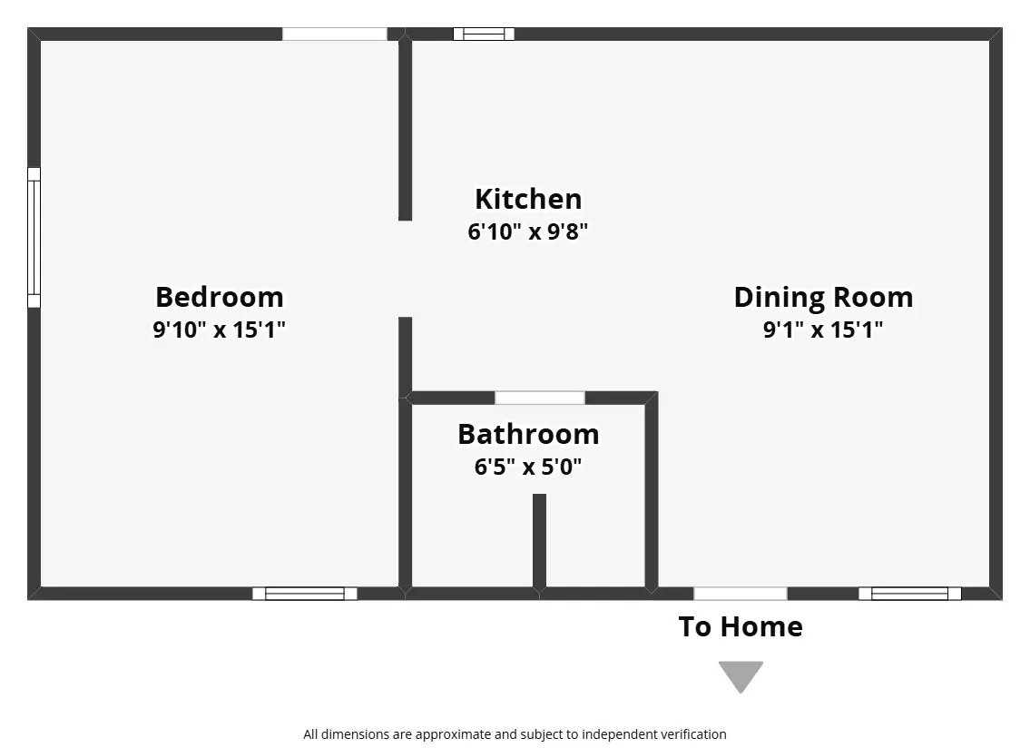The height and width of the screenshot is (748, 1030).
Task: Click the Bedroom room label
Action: tap(220, 297)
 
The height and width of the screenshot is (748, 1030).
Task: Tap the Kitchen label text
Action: tap(528, 199)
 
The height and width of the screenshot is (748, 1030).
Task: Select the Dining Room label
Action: tap(823, 297)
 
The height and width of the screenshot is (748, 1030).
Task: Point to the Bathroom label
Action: tap(528, 435)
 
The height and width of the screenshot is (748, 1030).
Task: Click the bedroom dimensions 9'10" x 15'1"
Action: tap(220, 330)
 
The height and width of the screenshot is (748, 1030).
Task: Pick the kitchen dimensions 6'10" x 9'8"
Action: tap(528, 231)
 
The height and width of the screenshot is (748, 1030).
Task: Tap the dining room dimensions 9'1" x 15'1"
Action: tap(823, 330)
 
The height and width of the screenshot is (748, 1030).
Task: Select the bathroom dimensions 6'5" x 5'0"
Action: tap(528, 467)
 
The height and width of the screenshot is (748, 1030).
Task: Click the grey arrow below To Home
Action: tap(741, 675)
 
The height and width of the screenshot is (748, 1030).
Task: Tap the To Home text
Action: tap(741, 627)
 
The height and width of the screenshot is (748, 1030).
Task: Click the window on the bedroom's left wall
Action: tap(34, 237)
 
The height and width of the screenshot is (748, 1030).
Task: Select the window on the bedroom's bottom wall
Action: tap(305, 594)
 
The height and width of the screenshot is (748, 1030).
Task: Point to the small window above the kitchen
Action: tap(484, 34)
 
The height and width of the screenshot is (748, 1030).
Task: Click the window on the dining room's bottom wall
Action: tap(910, 594)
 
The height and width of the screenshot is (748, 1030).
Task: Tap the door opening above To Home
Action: tap(741, 594)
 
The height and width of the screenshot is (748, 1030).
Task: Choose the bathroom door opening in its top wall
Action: tap(539, 398)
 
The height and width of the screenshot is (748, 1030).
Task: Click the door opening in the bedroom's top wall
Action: tap(334, 34)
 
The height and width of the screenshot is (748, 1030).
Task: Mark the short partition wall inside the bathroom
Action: tap(539, 541)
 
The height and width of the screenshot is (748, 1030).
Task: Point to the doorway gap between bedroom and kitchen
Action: tap(406, 269)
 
